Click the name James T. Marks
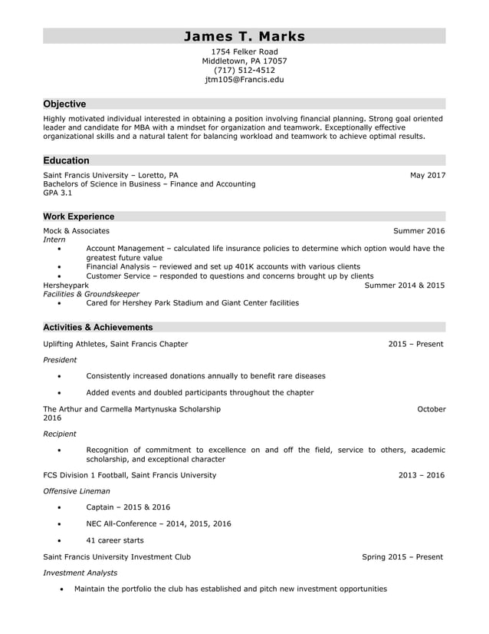click(x=244, y=36)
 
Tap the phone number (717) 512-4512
click(x=244, y=70)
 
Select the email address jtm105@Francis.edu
click(x=244, y=79)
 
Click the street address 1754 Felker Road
click(x=244, y=51)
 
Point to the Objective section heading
click(x=64, y=104)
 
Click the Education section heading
click(x=66, y=160)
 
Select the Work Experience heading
click(x=78, y=216)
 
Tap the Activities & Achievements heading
click(x=97, y=327)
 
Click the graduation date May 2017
click(x=427, y=175)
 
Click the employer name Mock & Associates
click(x=76, y=230)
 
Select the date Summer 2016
click(x=418, y=230)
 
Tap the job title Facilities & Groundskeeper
click(x=91, y=294)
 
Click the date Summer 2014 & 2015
click(x=404, y=285)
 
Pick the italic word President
click(x=60, y=359)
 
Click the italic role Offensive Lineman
click(x=77, y=490)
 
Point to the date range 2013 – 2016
click(x=421, y=475)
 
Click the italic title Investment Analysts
click(x=80, y=573)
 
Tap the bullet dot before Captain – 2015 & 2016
click(x=60, y=508)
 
